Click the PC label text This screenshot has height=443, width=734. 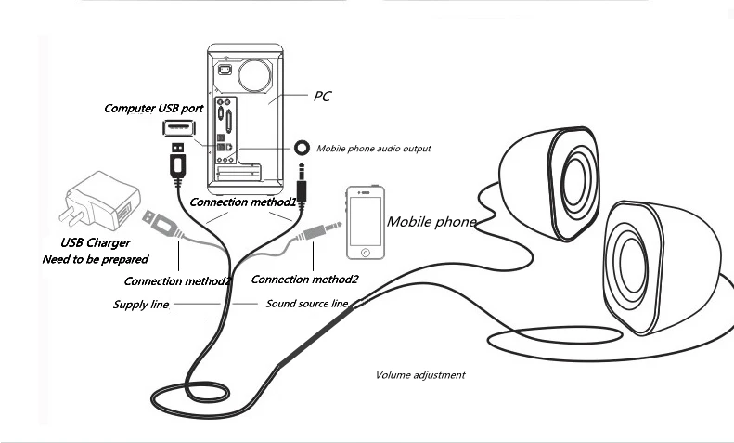point(323,96)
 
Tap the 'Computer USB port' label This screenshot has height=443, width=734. point(153,108)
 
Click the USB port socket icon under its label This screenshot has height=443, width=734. point(178,128)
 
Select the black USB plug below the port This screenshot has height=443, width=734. point(177,160)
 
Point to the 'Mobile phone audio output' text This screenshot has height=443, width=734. point(374,149)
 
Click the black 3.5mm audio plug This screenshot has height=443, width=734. point(302,185)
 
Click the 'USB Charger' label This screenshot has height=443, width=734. point(96,242)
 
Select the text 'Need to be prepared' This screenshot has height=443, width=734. point(95,259)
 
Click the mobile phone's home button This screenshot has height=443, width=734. point(366,253)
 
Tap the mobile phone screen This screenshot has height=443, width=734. point(365,221)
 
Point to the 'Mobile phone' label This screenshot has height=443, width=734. point(431,221)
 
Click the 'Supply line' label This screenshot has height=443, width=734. point(140,305)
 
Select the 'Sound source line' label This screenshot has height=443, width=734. point(306,304)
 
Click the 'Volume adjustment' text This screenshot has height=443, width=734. point(420,375)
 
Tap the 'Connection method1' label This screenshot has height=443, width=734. point(243,202)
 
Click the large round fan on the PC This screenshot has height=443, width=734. point(254,74)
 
